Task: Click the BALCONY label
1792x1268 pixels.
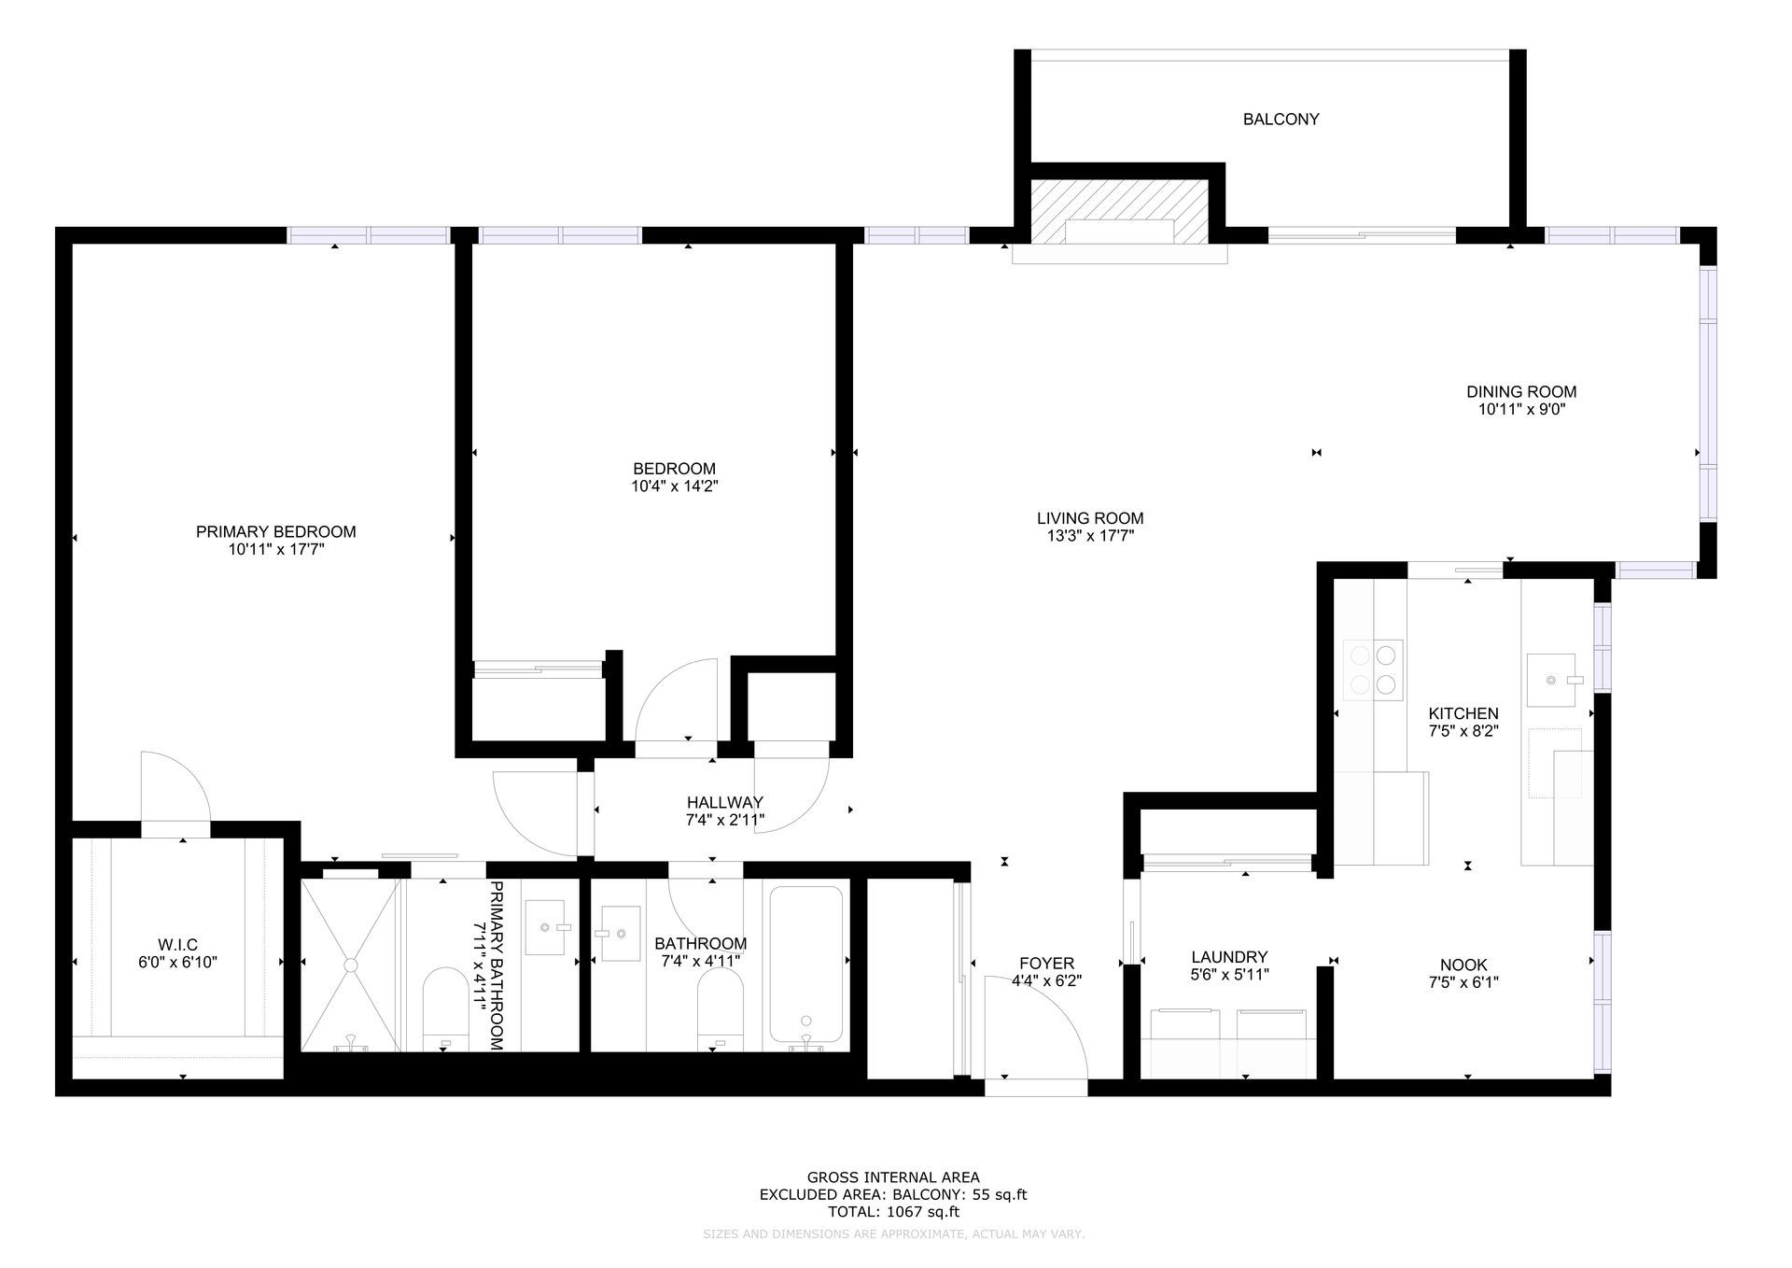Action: coord(1281,120)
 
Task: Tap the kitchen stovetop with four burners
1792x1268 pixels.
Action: coord(1373,669)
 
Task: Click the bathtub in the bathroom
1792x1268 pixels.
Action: coord(805,968)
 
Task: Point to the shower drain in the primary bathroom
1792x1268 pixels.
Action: coord(353,965)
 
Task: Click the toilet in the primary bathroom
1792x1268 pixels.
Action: coord(446,1007)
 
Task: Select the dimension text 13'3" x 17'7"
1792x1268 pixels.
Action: coord(1090,536)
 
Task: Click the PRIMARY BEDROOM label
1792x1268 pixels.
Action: coord(275,532)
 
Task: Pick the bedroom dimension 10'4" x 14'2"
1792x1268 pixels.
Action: coord(674,486)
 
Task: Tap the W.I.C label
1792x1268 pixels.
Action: coord(177,945)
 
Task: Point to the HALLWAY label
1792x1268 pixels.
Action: coord(725,802)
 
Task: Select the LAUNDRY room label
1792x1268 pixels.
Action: coord(1229,957)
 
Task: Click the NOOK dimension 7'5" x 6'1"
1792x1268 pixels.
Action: coord(1463,982)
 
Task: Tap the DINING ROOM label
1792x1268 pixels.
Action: coord(1521,392)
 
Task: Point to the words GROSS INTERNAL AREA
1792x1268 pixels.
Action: coord(893,1178)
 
